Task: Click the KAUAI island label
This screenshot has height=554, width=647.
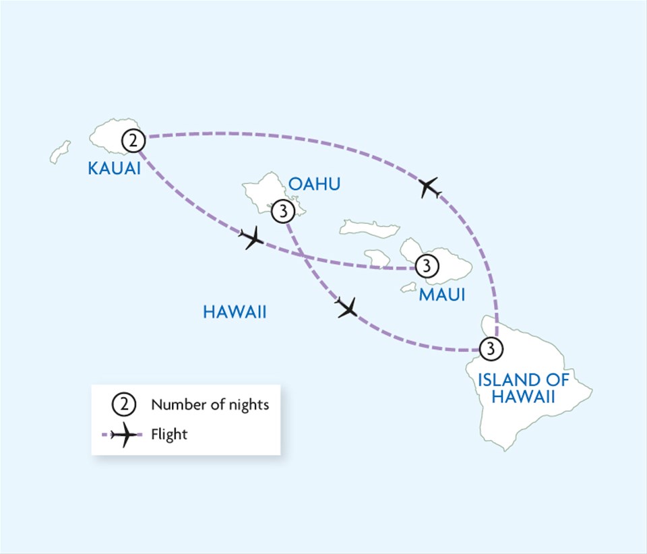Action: click(x=115, y=168)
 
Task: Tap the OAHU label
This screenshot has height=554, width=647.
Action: click(x=315, y=184)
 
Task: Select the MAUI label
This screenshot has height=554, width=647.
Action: click(x=442, y=295)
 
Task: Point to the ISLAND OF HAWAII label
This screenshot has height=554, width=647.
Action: click(x=524, y=388)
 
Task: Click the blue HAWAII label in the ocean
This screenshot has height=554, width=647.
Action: click(x=235, y=312)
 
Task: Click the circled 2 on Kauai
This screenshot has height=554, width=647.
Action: click(x=133, y=141)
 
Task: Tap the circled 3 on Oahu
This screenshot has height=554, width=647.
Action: click(x=283, y=212)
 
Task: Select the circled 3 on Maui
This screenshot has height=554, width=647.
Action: click(x=427, y=266)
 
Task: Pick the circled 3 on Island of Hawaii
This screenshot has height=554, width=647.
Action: click(x=491, y=348)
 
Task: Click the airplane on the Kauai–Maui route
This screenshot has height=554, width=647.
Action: click(x=251, y=238)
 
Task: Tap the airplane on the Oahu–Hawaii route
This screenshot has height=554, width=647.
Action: click(x=346, y=307)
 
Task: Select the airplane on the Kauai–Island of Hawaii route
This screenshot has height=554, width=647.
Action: click(x=429, y=188)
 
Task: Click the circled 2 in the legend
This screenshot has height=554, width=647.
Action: click(x=123, y=404)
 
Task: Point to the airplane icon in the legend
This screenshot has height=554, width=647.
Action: click(x=124, y=435)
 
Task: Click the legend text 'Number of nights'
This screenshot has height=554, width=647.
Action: click(x=210, y=404)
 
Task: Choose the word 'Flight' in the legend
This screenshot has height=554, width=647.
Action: click(x=169, y=435)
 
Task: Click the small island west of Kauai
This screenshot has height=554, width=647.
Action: click(x=60, y=152)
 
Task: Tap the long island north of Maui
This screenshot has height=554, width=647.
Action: click(x=369, y=228)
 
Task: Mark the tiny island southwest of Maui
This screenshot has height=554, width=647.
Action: click(x=408, y=288)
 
